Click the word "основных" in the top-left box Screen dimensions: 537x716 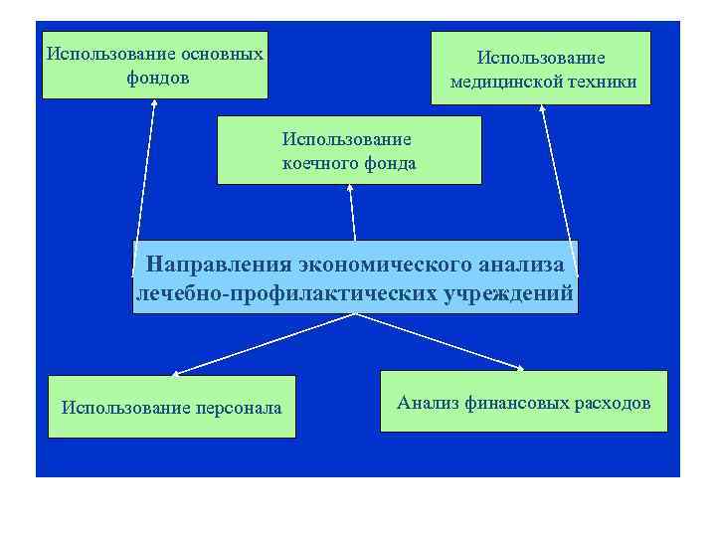(x=223, y=53)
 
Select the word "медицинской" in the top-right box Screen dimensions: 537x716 (x=507, y=83)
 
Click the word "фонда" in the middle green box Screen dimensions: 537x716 (x=391, y=163)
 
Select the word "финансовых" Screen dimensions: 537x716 (x=515, y=403)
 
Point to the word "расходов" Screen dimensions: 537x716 (x=611, y=403)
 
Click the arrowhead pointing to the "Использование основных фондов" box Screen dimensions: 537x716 (x=154, y=104)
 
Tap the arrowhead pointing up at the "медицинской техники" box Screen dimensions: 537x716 (x=544, y=110)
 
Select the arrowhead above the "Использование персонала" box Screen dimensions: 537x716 (x=175, y=373)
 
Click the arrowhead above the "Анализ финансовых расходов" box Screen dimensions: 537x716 (x=521, y=368)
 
